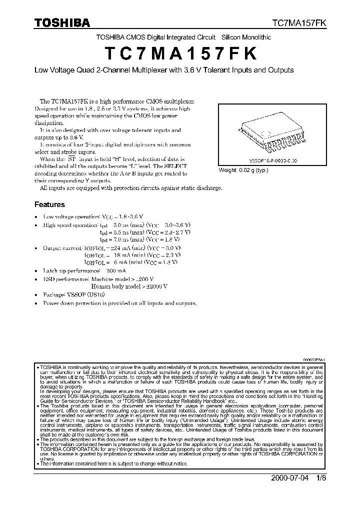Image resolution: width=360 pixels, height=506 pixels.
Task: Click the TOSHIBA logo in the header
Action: (x=62, y=23)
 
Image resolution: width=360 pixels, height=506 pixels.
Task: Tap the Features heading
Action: (x=49, y=204)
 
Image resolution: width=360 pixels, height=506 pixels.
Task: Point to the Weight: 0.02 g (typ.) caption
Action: (x=243, y=170)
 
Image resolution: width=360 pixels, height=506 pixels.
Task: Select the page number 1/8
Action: (x=320, y=476)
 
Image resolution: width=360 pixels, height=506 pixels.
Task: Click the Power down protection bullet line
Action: (x=120, y=303)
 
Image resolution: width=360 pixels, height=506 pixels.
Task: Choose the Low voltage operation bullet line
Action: (x=93, y=216)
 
